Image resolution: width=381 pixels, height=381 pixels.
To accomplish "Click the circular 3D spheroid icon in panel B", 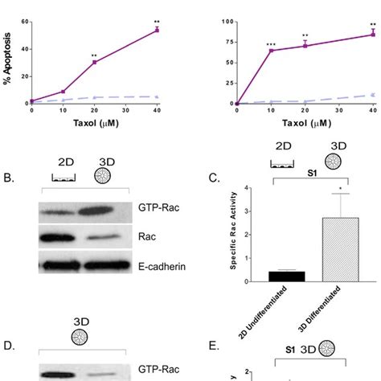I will (104, 176).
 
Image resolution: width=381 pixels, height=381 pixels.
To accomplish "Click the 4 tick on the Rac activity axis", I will (252, 188).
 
